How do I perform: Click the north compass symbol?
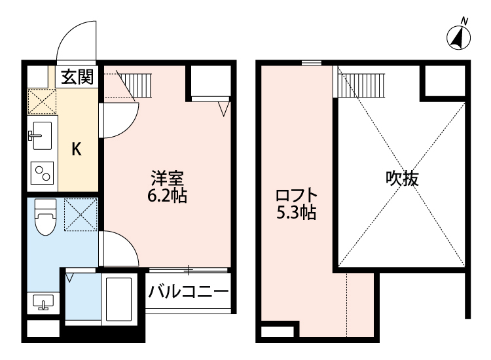(x=460, y=38)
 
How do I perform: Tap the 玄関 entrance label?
(x=77, y=77)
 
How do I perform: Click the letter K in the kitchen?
(x=76, y=149)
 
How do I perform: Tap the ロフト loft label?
(x=296, y=196)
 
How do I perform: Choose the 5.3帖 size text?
(x=296, y=213)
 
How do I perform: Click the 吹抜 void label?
(x=401, y=179)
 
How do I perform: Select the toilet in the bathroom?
(x=45, y=216)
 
